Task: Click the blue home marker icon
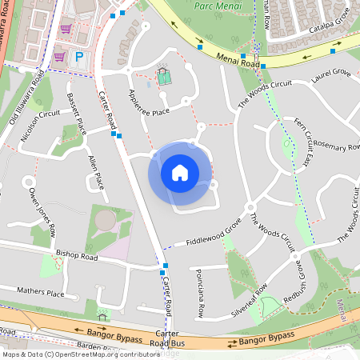tap(180, 172)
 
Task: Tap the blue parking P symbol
tap(79, 57)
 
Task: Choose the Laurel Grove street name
tap(332, 77)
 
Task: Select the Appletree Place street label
tap(149, 102)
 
